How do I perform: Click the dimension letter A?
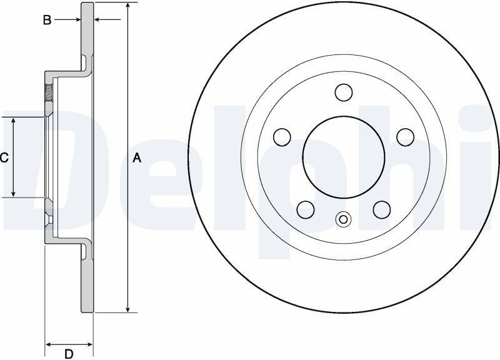coord(137,158)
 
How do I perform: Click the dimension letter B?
coord(47,20)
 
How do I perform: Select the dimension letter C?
coord(4,158)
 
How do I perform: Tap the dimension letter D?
coord(69,354)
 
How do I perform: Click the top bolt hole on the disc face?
coord(344,92)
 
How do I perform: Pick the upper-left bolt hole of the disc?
coord(282,137)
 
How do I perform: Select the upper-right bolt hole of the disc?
coord(405,137)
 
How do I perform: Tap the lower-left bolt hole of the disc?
coord(306,210)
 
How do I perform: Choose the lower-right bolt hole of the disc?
coord(382,210)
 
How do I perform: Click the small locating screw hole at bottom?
coord(343,219)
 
